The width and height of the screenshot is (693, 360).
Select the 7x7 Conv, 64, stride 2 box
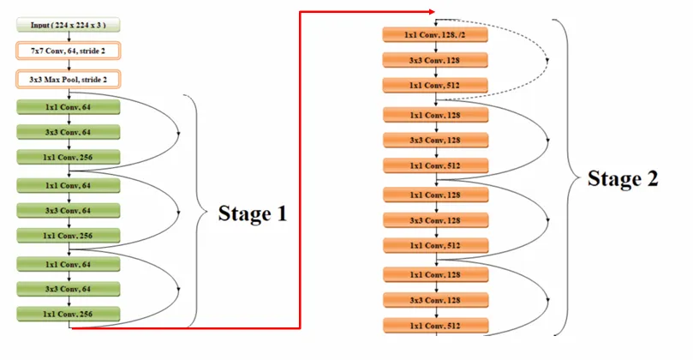point(68,51)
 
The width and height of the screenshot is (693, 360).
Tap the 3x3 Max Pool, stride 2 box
point(68,80)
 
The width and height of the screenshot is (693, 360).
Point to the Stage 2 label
point(623,179)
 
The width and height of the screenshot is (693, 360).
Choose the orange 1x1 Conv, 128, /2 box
point(435,35)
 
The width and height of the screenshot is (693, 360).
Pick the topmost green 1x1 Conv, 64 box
point(68,107)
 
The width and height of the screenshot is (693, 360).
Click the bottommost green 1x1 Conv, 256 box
point(68,315)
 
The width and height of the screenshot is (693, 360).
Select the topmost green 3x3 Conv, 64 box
point(68,132)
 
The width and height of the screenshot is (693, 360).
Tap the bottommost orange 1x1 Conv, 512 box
point(435,326)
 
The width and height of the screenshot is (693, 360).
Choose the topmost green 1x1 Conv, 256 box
point(68,158)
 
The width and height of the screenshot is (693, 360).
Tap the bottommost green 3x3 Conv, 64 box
point(68,289)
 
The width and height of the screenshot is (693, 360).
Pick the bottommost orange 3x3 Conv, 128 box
point(435,301)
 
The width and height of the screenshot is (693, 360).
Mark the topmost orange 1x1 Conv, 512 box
point(435,86)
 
